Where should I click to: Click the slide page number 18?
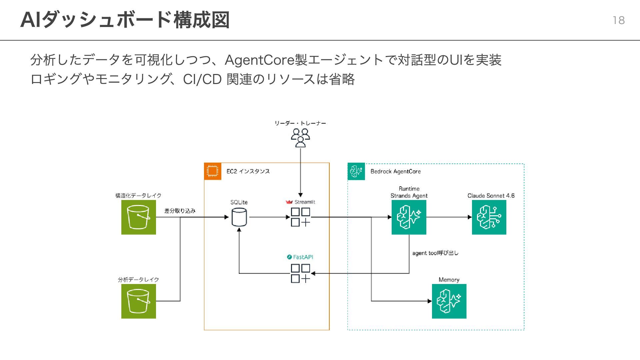coord(619,20)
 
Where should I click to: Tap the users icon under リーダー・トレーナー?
coord(300,138)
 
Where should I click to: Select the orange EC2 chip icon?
coord(213,171)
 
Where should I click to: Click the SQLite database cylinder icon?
coord(239,217)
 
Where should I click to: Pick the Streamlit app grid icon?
coord(300,217)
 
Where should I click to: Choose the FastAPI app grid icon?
coord(300,273)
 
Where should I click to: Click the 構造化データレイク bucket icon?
coord(139,217)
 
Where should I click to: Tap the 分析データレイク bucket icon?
coord(139,301)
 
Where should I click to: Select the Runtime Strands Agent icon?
coord(409,217)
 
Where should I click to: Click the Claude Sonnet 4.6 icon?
coord(489,217)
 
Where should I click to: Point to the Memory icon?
coord(449,301)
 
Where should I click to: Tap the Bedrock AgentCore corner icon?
coord(356,171)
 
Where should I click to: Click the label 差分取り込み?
coord(180,211)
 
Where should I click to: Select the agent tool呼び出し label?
coord(435,253)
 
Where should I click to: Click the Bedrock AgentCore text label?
coord(396,171)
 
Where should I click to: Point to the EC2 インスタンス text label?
coord(248,171)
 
